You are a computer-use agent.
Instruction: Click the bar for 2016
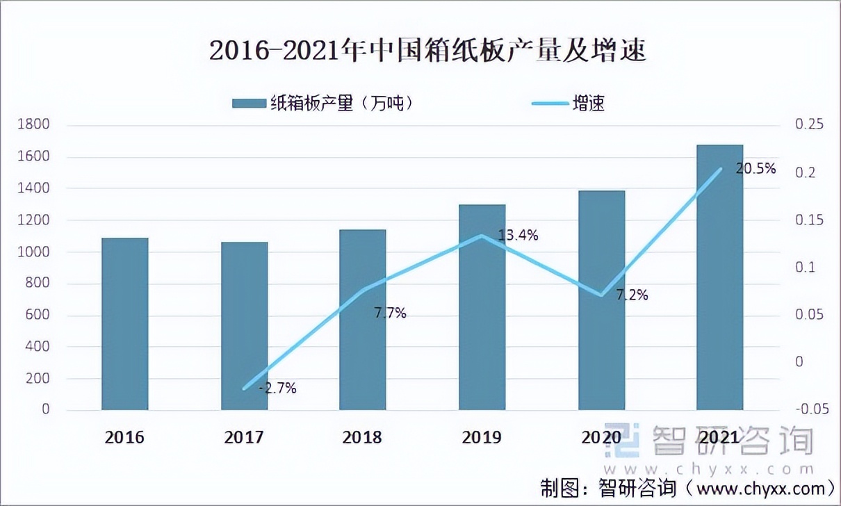[x=125, y=324]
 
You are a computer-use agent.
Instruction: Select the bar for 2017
[x=244, y=326]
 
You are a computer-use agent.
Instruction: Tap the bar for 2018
[x=362, y=320]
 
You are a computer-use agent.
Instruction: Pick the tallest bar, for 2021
[x=719, y=277]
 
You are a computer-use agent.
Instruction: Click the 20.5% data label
[x=756, y=169]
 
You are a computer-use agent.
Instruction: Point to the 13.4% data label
[x=519, y=236]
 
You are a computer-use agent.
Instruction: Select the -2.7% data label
[x=277, y=389]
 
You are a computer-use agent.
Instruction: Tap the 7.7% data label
[x=390, y=313]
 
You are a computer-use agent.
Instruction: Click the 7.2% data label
[x=632, y=295]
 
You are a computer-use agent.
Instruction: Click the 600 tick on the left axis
[x=40, y=315]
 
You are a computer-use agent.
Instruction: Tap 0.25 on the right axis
[x=808, y=125]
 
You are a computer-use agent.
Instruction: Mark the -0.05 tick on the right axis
[x=810, y=410]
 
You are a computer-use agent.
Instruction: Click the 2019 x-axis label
[x=482, y=437]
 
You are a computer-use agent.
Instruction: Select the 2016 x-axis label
[x=125, y=437]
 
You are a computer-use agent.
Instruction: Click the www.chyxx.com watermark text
[x=709, y=469]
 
